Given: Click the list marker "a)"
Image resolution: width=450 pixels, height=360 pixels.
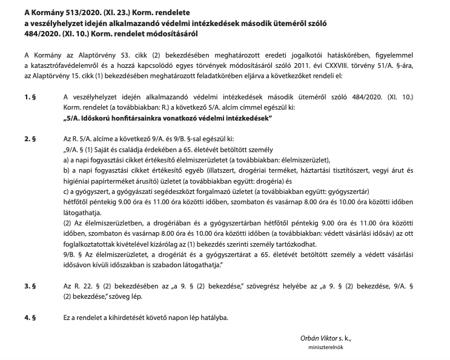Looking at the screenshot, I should coord(66,161).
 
